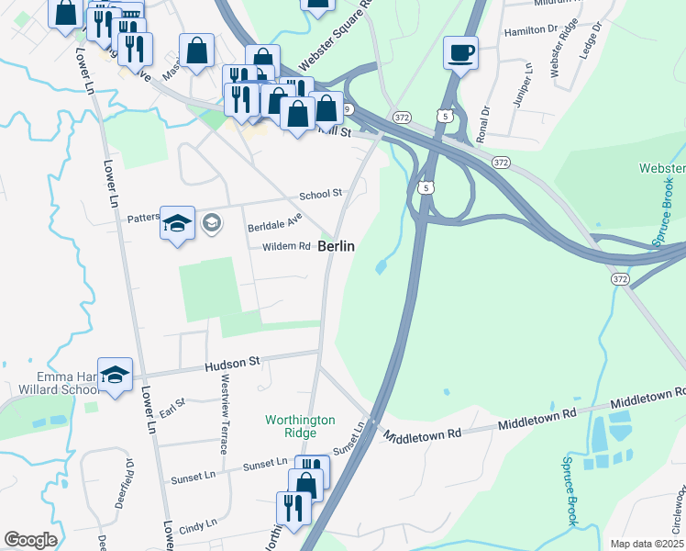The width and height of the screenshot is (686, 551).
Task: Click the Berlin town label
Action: pyautogui.click(x=337, y=247)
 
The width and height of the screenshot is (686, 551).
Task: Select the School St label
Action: pyautogui.click(x=320, y=194)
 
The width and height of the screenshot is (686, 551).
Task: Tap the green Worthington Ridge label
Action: pyautogui.click(x=300, y=426)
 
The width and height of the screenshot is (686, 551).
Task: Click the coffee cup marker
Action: pyautogui.click(x=459, y=51)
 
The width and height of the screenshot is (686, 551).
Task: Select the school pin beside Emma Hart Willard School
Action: pyautogui.click(x=116, y=375)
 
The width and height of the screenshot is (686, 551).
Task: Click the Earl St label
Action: pyautogui.click(x=172, y=403)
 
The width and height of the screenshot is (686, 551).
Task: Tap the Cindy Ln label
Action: pyautogui.click(x=199, y=526)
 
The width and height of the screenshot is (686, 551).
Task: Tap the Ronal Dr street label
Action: pyautogui.click(x=483, y=122)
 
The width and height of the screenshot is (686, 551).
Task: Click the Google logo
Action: pyautogui.click(x=30, y=539)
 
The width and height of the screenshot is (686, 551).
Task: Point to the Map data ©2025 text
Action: pyautogui.click(x=647, y=544)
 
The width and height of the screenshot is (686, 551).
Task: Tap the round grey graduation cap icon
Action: pyautogui.click(x=211, y=223)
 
